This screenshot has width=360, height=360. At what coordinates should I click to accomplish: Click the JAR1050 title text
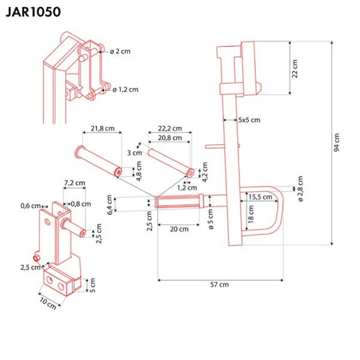point(33,12)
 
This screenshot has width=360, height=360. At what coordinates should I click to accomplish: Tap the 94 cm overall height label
point(337,143)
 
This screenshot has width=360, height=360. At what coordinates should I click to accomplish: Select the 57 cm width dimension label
point(220,285)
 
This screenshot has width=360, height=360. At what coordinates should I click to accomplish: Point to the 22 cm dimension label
point(295,68)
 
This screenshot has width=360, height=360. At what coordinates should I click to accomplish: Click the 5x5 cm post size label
point(249,120)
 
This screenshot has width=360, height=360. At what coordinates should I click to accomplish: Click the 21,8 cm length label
point(102,129)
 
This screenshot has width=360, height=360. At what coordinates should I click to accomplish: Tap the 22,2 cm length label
point(170,128)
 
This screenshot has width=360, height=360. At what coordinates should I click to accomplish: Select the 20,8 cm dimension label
point(170,137)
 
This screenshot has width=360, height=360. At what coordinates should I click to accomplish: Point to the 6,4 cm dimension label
point(109,204)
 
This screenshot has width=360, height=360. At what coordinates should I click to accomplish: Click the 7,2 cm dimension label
point(75,183)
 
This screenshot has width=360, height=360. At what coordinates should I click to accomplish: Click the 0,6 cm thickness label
point(31,206)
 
